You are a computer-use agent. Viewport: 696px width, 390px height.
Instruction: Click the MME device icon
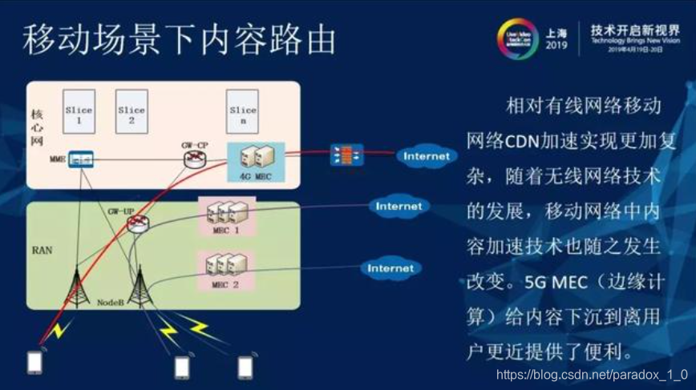coord(79,160)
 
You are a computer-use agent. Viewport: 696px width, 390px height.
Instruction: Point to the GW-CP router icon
coord(192,158)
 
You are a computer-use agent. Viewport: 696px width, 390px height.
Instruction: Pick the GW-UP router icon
coord(139,223)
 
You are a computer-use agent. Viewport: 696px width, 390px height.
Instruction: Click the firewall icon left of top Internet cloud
coord(347,155)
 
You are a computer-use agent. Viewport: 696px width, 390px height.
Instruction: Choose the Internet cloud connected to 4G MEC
coord(426,156)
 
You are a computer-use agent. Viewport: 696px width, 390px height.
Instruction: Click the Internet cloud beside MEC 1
coord(399,207)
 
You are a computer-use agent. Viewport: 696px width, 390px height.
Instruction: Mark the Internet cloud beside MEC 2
coord(390,268)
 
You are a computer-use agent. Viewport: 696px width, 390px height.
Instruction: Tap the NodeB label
coord(111,304)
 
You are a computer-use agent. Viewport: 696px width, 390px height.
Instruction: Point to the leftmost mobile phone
coord(34,362)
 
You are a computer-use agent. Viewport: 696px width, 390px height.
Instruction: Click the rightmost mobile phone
coord(245,366)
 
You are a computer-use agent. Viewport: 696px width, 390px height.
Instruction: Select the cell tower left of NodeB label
coord(77,280)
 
